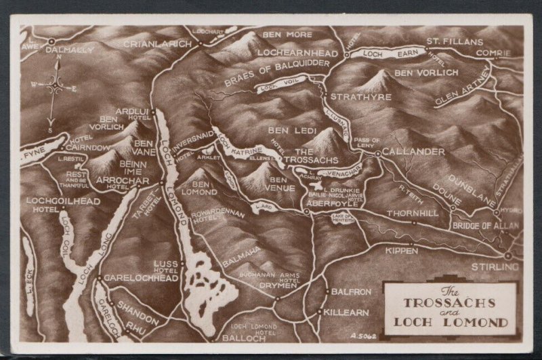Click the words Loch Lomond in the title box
click(x=451, y=322)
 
